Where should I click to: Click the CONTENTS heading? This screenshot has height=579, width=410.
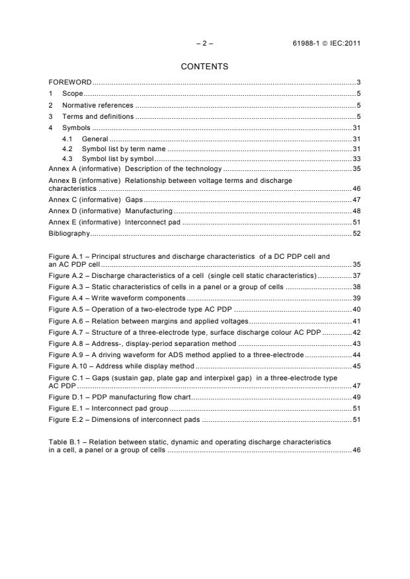click(x=204, y=67)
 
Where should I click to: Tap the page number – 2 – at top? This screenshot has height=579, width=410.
click(x=205, y=44)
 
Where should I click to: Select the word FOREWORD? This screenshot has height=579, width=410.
click(x=70, y=83)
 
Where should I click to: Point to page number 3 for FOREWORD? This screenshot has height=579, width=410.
click(x=358, y=83)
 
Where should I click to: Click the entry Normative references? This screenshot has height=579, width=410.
click(x=98, y=105)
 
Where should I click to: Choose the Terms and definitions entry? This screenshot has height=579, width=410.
click(x=98, y=116)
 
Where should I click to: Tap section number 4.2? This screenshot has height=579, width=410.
click(x=67, y=149)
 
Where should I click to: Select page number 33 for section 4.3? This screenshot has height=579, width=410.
click(x=356, y=158)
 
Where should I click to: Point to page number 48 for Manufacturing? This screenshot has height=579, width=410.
click(x=356, y=211)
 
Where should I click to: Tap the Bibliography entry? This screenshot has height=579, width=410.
click(x=69, y=234)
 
